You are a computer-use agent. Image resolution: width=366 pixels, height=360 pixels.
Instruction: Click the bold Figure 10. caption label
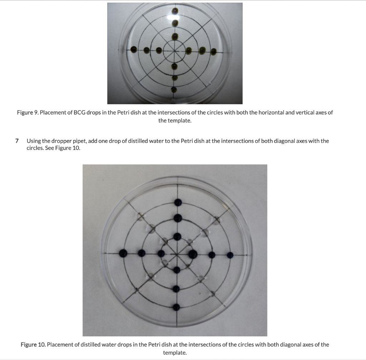pyautogui.click(x=33, y=345)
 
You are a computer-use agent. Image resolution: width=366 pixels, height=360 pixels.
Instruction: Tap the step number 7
pyautogui.click(x=18, y=141)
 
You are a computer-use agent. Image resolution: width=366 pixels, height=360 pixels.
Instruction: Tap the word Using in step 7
pyautogui.click(x=34, y=141)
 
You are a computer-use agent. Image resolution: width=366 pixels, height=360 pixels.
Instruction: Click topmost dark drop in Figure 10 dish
pyautogui.click(x=178, y=203)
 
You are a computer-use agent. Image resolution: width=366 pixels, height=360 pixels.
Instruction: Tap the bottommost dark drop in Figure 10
pyautogui.click(x=176, y=307)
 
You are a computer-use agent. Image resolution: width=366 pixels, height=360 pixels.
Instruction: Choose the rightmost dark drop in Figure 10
pyautogui.click(x=230, y=255)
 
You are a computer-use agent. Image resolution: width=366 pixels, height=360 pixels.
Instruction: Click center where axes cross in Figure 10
pyautogui.click(x=177, y=254)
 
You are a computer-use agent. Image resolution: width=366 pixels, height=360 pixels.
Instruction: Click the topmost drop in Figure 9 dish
pyautogui.click(x=174, y=11)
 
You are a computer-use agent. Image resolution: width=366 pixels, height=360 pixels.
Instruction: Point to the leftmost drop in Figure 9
pyautogui.click(x=133, y=49)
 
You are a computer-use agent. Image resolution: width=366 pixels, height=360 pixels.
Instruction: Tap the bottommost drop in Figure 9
pyautogui.click(x=174, y=89)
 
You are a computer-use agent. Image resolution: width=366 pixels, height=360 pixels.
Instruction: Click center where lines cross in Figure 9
pyautogui.click(x=174, y=51)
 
